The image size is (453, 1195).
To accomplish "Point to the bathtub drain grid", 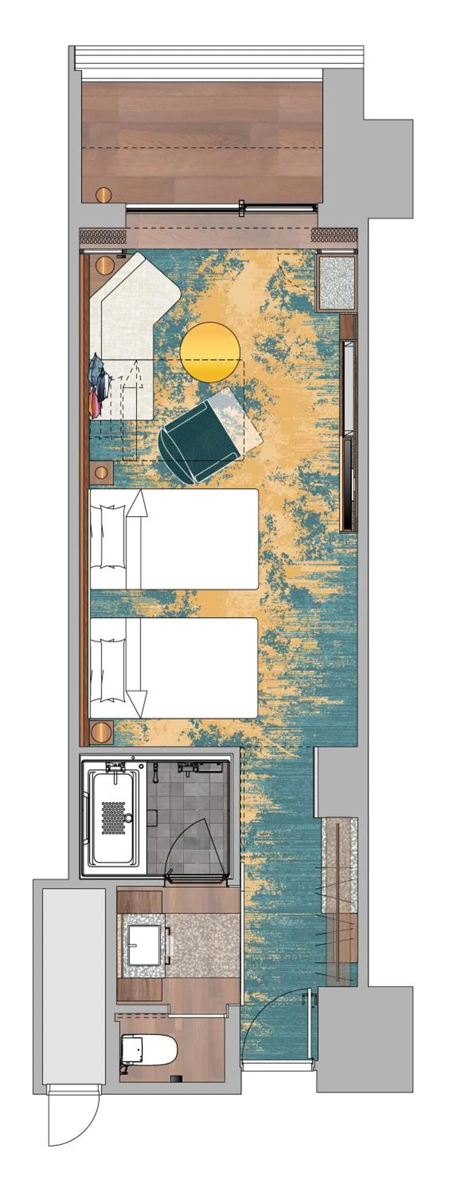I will point(113,818).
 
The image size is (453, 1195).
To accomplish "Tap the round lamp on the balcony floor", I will point(103,194).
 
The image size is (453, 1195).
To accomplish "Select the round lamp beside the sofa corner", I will point(104,266).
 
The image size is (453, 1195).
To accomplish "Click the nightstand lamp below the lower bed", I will point(102,733).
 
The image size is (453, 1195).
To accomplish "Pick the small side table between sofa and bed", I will point(102,473).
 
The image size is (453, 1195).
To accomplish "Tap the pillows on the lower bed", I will point(108,670).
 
